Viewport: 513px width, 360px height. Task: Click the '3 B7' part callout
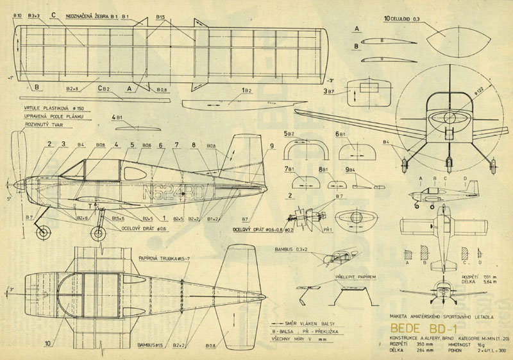tap(329, 92)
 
